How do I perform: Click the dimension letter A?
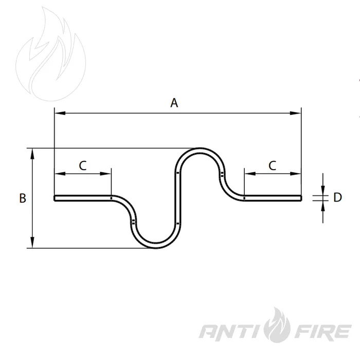[174, 103]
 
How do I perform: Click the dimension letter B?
[23, 198]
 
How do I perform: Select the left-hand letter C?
[83, 166]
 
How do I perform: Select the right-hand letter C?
[272, 166]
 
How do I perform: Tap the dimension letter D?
[337, 197]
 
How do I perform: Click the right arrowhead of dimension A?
[295, 113]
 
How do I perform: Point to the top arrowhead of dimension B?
[32, 154]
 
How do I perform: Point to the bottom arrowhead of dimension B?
[32, 242]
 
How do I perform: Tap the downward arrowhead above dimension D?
[323, 190]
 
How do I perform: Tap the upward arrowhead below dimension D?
[323, 206]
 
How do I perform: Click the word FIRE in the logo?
[323, 331]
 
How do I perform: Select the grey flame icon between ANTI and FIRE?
[277, 325]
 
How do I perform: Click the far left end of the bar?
[55, 198]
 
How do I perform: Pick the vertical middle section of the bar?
[178, 198]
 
